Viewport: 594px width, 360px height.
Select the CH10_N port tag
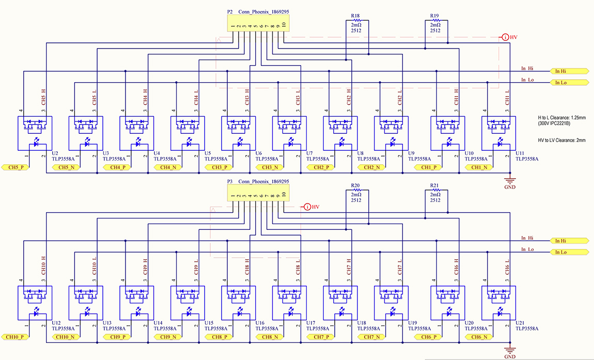click(x=66, y=337)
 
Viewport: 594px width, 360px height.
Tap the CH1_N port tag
click(x=479, y=167)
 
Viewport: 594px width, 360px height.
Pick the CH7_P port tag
click(x=320, y=337)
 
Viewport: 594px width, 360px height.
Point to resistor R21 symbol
click(x=435, y=190)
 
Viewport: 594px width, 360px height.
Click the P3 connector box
click(x=258, y=193)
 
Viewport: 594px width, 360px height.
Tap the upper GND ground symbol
click(x=510, y=181)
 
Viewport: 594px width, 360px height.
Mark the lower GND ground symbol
click(x=510, y=350)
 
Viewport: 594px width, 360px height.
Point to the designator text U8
click(x=361, y=153)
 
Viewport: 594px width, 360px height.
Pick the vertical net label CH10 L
click(x=95, y=266)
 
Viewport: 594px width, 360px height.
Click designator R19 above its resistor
click(x=435, y=16)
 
